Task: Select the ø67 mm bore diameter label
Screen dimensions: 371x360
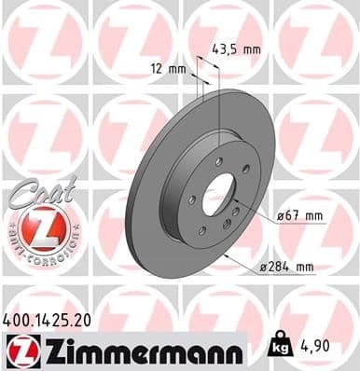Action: pyautogui.click(x=300, y=216)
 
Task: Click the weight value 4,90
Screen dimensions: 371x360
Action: pyautogui.click(x=315, y=346)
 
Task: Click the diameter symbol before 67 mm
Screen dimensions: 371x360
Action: pyautogui.click(x=281, y=216)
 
